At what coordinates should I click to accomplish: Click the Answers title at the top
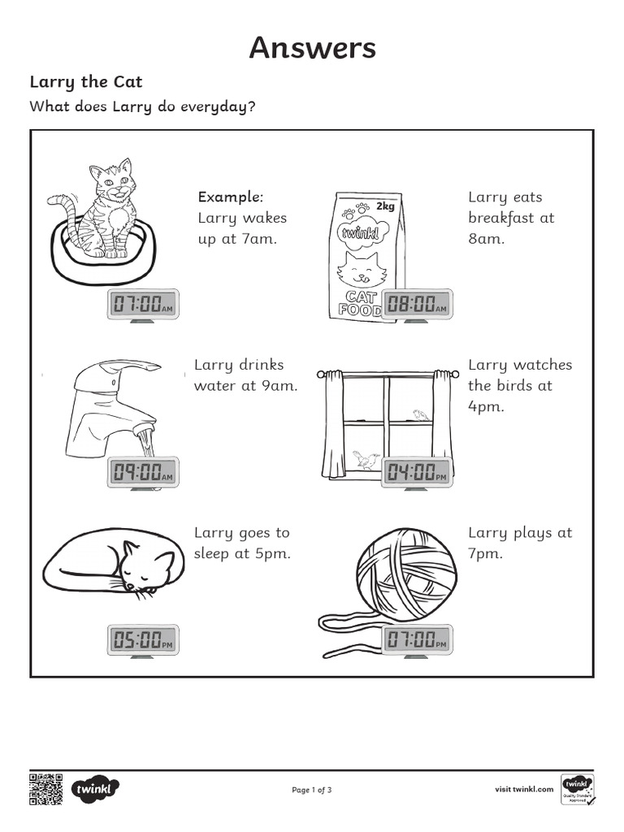tap(313, 48)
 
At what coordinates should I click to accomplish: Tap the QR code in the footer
tap(45, 789)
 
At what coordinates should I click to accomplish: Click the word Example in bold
tap(230, 197)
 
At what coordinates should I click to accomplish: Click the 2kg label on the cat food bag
tap(385, 206)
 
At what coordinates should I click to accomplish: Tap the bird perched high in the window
tap(421, 414)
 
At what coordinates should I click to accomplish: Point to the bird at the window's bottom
tap(366, 460)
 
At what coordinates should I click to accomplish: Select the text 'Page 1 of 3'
tap(311, 790)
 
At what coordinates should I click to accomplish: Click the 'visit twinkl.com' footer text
tap(524, 789)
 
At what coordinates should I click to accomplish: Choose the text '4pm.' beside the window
tap(486, 408)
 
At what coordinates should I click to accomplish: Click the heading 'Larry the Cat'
tap(86, 82)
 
